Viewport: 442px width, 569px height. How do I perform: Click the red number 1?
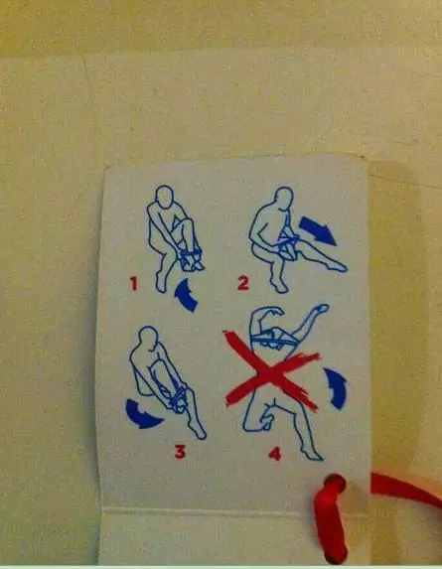(134, 283)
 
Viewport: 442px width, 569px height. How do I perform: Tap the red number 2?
(243, 283)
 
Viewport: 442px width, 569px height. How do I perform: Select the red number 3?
(180, 452)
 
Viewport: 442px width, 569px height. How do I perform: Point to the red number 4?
(275, 454)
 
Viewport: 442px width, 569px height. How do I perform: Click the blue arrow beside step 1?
(186, 296)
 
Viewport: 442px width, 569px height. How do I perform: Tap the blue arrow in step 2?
(318, 230)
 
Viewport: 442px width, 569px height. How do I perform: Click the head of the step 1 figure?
(165, 197)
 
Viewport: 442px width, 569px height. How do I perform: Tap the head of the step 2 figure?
(284, 199)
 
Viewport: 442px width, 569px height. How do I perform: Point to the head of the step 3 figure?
(149, 338)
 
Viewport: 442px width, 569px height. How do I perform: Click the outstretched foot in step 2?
(337, 267)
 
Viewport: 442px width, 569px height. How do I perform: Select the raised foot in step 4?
(321, 309)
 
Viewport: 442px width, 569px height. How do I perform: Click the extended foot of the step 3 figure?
(199, 431)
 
